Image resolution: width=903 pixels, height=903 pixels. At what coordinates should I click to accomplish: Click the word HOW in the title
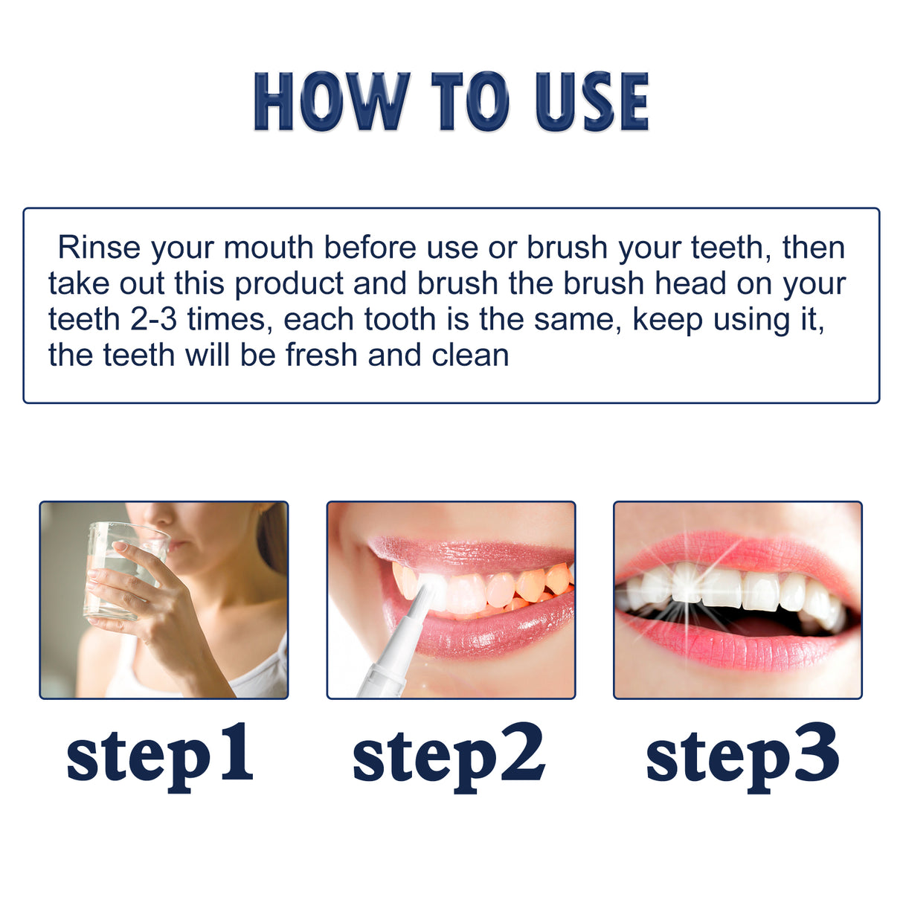point(332,102)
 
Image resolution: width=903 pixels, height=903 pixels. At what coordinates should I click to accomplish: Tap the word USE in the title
point(592,102)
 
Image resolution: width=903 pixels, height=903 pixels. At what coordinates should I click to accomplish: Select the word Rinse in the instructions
point(99,248)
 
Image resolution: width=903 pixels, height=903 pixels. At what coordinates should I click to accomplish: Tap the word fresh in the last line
point(323,356)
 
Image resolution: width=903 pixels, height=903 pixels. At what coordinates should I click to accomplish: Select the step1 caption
point(160,755)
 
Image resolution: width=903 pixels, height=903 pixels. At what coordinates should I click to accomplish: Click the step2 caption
point(449,755)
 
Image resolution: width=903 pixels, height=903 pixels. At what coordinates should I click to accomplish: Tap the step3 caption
point(742,755)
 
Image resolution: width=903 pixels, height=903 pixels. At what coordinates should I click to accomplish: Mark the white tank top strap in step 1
point(268,669)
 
